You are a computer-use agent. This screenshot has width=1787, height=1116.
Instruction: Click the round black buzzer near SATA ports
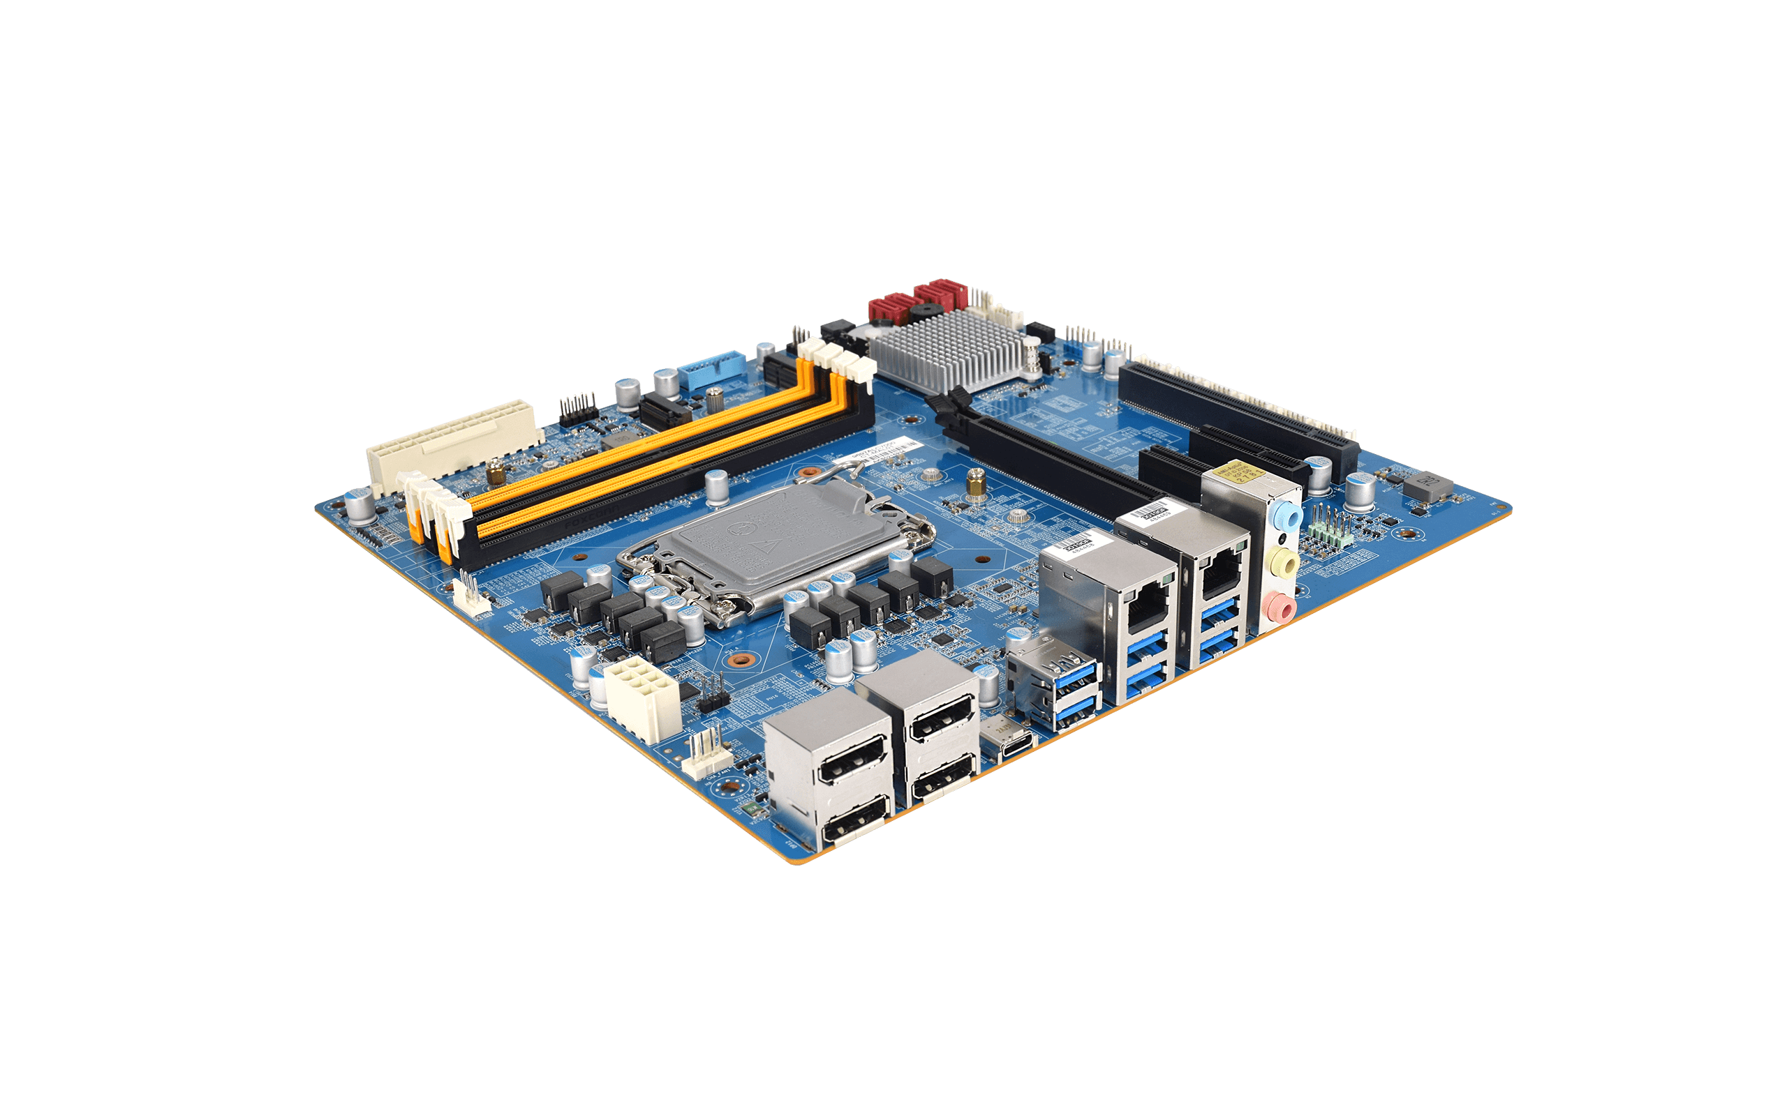[x=923, y=310]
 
